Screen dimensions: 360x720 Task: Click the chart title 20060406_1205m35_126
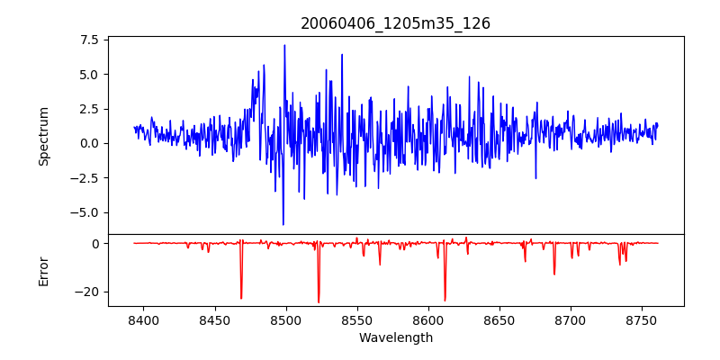coord(396,23)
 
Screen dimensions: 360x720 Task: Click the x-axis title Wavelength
coord(396,337)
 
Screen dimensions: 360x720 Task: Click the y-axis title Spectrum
coord(43,135)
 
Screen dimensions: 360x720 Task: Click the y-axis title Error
coord(43,270)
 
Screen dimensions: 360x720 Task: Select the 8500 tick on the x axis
coord(285,319)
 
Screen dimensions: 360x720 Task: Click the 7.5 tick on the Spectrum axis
coord(88,40)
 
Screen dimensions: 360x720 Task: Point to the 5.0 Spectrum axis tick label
coord(88,74)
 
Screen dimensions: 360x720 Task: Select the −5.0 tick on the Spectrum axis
coord(85,212)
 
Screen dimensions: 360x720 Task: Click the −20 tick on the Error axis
coord(87,292)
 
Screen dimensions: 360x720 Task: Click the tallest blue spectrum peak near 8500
coord(284,45)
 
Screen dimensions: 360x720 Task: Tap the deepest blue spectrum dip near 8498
coord(283,225)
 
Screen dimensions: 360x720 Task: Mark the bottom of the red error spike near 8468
coord(241,299)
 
